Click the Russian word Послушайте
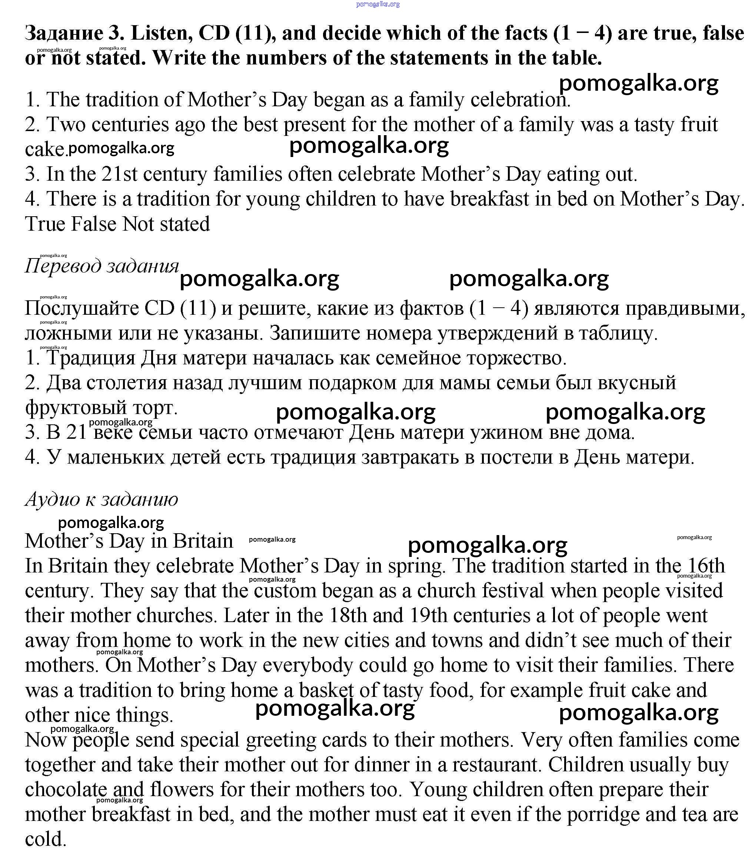click(81, 309)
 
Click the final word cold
click(46, 839)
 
